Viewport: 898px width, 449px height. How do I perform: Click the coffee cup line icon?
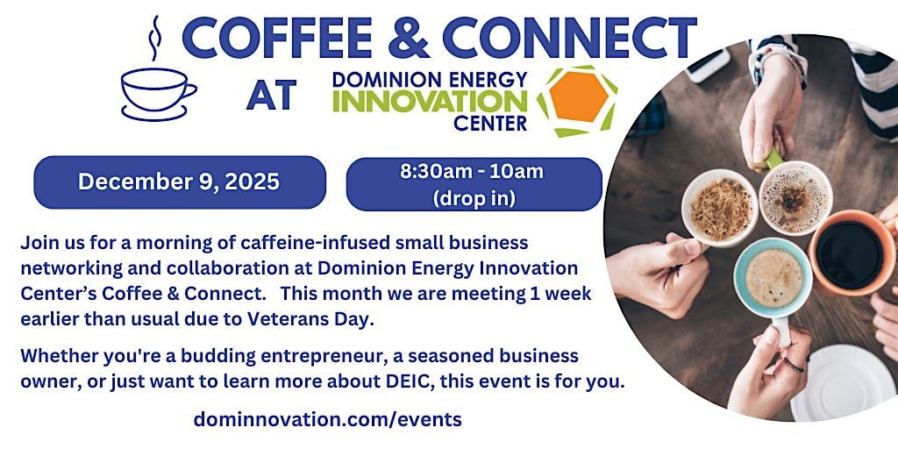click(157, 92)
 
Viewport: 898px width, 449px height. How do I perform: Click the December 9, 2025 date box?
click(179, 182)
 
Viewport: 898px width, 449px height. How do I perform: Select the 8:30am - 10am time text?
click(472, 172)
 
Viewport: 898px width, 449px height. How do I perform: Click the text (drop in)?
click(474, 198)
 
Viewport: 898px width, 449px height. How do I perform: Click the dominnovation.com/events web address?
click(327, 419)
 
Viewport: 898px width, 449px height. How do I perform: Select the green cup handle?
click(773, 159)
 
